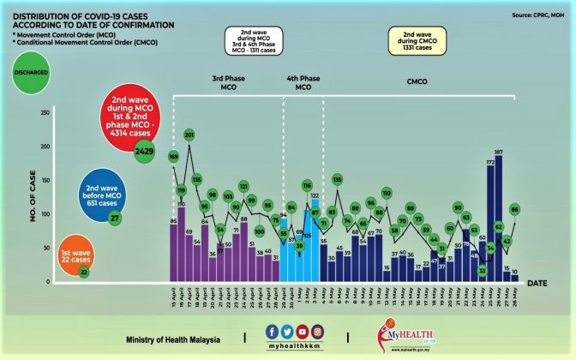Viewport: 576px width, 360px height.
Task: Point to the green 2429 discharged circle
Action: (x=144, y=152)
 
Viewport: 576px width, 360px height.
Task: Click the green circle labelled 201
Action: (x=189, y=135)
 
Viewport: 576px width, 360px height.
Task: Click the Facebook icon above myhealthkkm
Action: (x=272, y=331)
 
